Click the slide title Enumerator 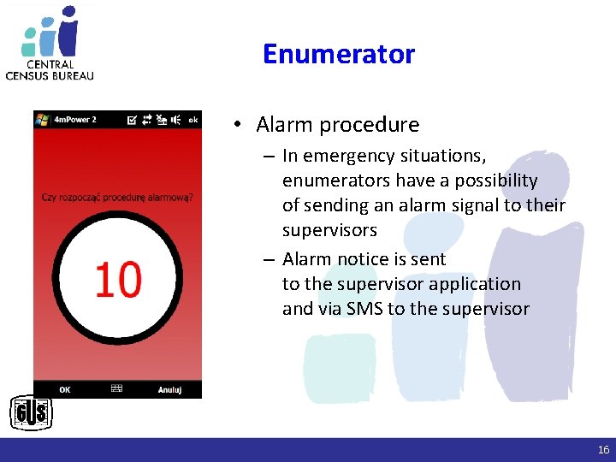point(338,54)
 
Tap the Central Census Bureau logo point(50,43)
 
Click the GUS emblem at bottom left point(31,414)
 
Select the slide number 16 point(603,450)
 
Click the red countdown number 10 point(118,280)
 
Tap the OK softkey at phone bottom point(65,389)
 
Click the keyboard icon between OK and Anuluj point(117,388)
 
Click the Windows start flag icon point(42,120)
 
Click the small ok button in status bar point(192,120)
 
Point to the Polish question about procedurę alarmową point(117,198)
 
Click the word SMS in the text point(365,309)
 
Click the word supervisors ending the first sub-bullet point(329,230)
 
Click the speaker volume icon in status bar point(175,120)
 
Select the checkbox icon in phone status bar point(131,120)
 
